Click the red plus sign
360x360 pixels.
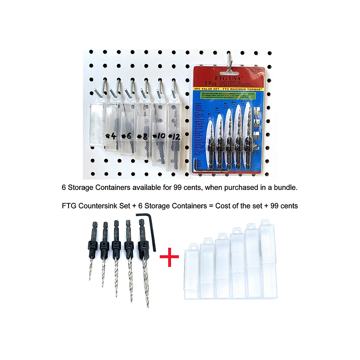coord(169,257)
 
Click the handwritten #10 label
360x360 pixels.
coord(159,136)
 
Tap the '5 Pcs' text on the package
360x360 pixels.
coord(211,83)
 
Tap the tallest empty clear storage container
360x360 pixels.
coord(268,259)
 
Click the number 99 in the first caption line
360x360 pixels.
coord(177,187)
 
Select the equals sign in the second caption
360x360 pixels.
coord(211,206)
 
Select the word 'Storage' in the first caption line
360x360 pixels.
coord(80,187)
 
